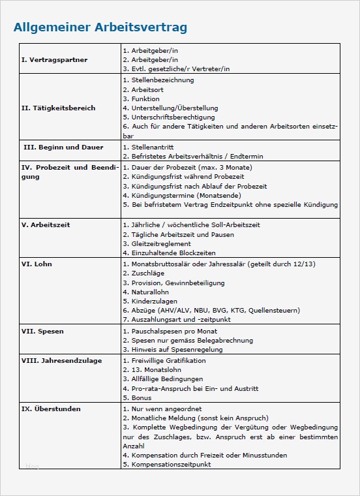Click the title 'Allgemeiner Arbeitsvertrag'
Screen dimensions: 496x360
point(100,27)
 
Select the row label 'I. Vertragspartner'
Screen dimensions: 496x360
point(54,60)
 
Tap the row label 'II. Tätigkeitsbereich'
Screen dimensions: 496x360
point(58,108)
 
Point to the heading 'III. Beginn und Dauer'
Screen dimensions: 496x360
point(63,147)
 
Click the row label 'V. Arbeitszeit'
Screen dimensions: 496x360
point(46,225)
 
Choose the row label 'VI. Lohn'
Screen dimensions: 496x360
point(37,264)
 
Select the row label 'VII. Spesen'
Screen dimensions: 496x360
point(42,332)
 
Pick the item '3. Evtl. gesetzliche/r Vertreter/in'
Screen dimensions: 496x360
point(175,69)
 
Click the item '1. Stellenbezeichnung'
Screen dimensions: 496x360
point(158,80)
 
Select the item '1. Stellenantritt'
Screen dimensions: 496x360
point(151,147)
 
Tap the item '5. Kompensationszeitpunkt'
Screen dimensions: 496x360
point(166,464)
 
